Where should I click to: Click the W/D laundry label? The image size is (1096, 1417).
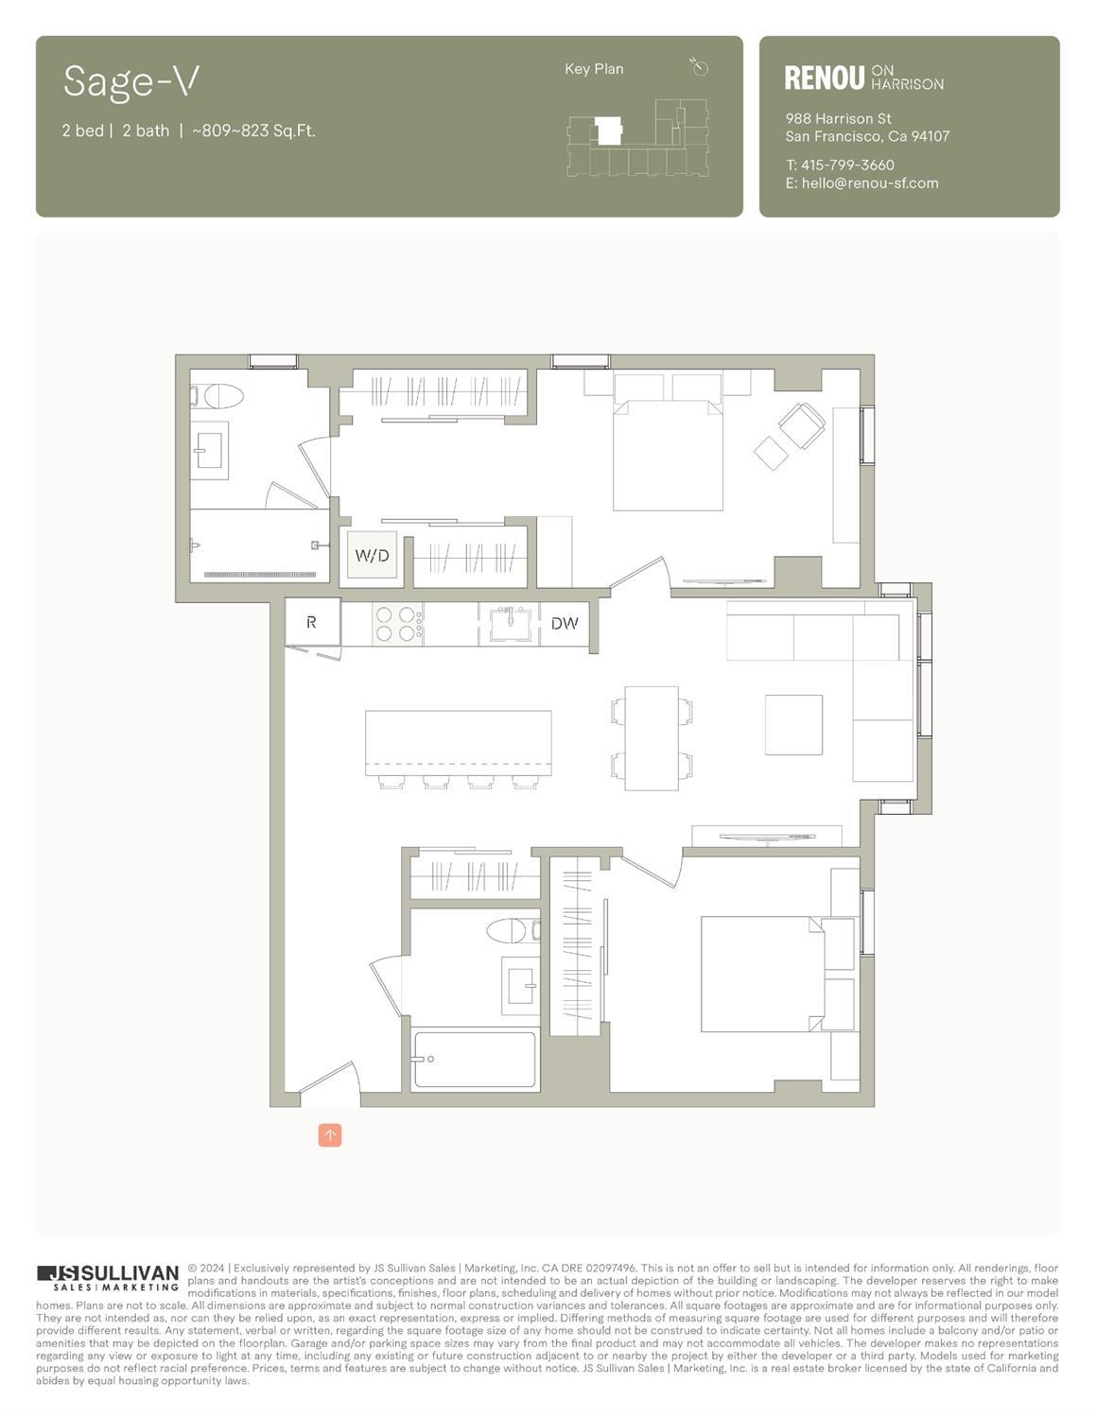tap(371, 556)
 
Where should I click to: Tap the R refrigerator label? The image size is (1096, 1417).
tap(311, 622)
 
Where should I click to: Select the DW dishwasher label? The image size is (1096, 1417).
tap(564, 623)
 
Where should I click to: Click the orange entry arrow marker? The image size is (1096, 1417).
tap(330, 1134)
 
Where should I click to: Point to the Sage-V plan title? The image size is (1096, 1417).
tap(130, 81)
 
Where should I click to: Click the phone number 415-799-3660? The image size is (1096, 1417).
tap(847, 164)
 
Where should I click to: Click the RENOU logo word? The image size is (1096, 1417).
tap(824, 78)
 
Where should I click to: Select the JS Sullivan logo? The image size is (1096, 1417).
tap(108, 1278)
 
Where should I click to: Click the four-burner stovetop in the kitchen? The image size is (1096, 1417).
tap(396, 624)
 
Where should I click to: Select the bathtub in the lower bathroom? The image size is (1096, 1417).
tap(474, 1060)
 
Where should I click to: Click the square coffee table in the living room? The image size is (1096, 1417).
tap(793, 724)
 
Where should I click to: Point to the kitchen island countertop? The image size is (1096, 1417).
tap(458, 741)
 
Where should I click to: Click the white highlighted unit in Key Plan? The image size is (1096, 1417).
tap(607, 130)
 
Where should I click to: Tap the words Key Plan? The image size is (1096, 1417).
tap(594, 69)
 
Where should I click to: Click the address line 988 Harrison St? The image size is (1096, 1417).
tap(838, 119)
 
